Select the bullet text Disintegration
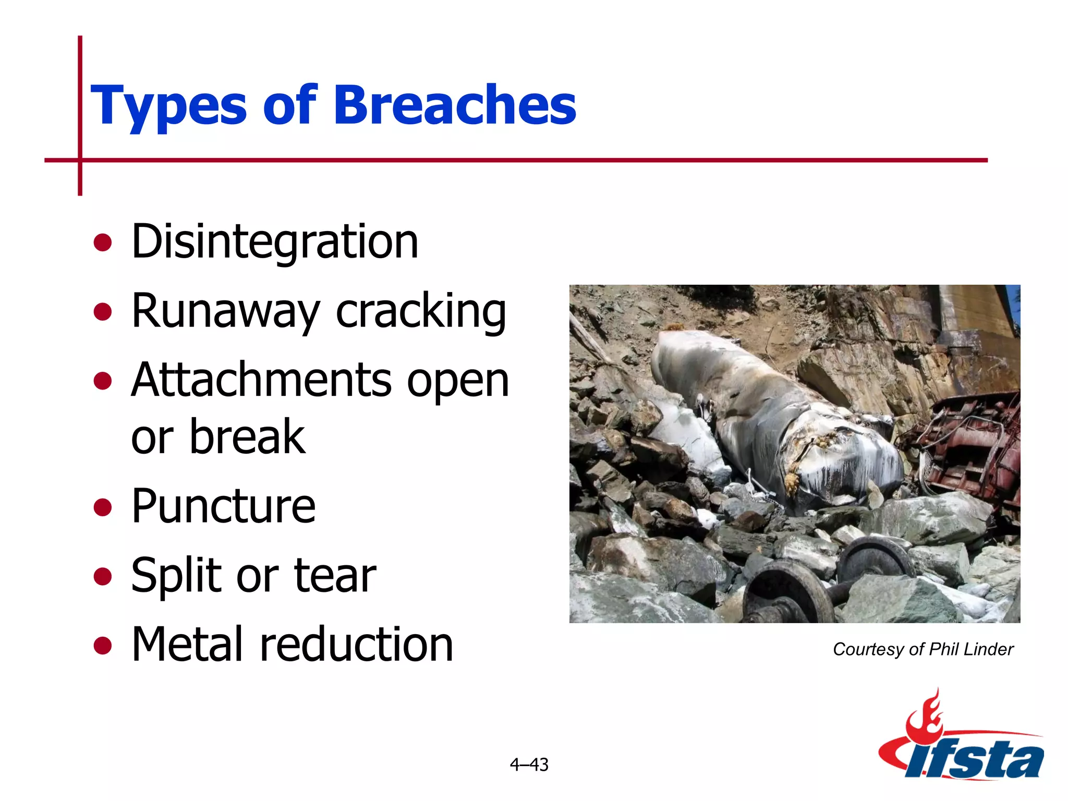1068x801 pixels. click(x=275, y=241)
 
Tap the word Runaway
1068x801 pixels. click(x=225, y=311)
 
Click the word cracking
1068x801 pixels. click(x=421, y=311)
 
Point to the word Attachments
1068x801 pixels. click(x=261, y=380)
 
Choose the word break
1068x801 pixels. click(x=247, y=437)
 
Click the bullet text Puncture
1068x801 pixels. click(x=223, y=506)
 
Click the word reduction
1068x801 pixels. click(x=357, y=645)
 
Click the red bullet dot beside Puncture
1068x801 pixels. click(x=103, y=507)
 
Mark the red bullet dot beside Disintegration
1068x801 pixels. click(x=103, y=242)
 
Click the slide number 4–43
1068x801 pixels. click(x=529, y=764)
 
